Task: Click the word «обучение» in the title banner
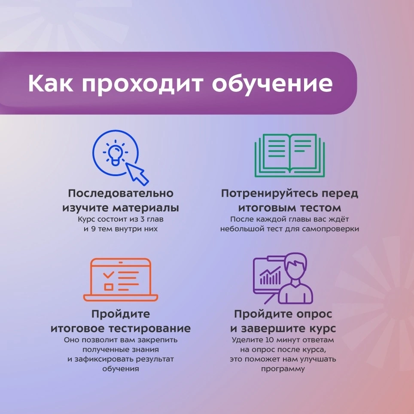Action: tap(272, 84)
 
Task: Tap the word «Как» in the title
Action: tap(50, 83)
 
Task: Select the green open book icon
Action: tap(289, 155)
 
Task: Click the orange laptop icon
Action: tap(121, 280)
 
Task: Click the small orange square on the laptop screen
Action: tap(109, 287)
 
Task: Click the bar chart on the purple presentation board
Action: tap(270, 276)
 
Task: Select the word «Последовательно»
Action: tap(121, 193)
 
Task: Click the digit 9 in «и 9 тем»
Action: tap(93, 228)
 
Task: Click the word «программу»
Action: tap(283, 369)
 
